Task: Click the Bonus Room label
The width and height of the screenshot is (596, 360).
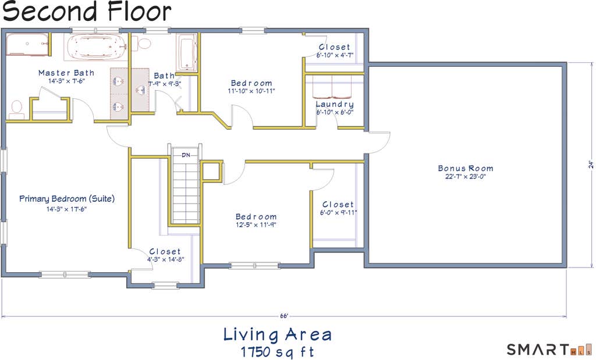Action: click(x=466, y=168)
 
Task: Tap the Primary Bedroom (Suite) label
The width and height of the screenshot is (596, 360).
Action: click(x=67, y=198)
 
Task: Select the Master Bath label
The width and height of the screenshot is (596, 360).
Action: click(x=66, y=73)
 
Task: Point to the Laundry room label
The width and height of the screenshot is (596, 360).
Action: click(x=335, y=105)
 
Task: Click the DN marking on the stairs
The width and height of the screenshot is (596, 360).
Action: click(x=186, y=155)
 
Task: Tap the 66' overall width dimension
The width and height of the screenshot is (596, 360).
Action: click(x=284, y=316)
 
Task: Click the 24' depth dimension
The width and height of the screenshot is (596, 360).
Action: click(x=591, y=165)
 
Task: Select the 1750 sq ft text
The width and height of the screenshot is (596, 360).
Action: click(x=278, y=352)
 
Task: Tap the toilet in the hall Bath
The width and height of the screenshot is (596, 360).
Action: click(x=142, y=43)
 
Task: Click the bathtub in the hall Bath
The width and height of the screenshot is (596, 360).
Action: click(x=187, y=52)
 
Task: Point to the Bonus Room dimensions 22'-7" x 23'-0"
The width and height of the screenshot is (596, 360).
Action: click(x=466, y=177)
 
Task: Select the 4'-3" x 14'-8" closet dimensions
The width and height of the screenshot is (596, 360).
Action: click(x=166, y=259)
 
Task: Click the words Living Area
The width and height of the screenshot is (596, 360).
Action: click(x=278, y=334)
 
